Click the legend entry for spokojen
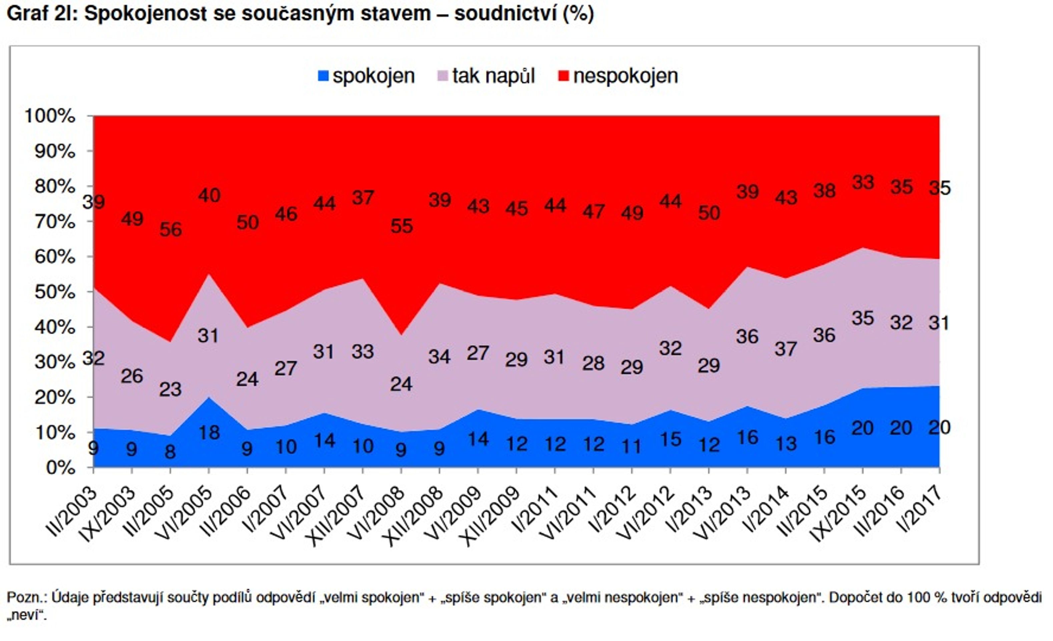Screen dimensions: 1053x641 pyautogui.click(x=366, y=76)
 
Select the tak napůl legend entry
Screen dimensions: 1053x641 pyautogui.click(x=486, y=76)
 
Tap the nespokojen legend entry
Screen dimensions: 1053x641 pyautogui.click(x=618, y=76)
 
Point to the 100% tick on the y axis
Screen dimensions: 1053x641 pyautogui.click(x=50, y=116)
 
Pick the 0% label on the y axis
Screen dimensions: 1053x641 pyautogui.click(x=60, y=468)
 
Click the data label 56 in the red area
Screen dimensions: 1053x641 pyautogui.click(x=171, y=229)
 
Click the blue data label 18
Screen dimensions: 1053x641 pyautogui.click(x=209, y=432)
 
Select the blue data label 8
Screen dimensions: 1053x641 pyautogui.click(x=170, y=452)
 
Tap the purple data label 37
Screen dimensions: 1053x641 pyautogui.click(x=786, y=349)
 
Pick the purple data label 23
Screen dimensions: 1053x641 pyautogui.click(x=170, y=390)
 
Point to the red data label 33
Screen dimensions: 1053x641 pyautogui.click(x=863, y=182)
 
